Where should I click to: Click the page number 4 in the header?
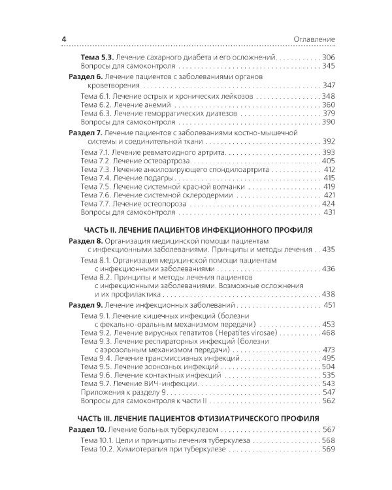64,40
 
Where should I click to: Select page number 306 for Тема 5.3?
327,57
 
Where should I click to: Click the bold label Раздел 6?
86,76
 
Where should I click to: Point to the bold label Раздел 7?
86,132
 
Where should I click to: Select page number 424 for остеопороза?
328,204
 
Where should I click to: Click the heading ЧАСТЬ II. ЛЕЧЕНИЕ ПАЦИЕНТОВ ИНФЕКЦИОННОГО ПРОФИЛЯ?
202,229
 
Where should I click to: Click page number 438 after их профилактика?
327,294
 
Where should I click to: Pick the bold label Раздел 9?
86,305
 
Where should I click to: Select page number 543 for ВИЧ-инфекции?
328,383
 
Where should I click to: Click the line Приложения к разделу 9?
128,392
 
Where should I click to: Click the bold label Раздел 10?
88,429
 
